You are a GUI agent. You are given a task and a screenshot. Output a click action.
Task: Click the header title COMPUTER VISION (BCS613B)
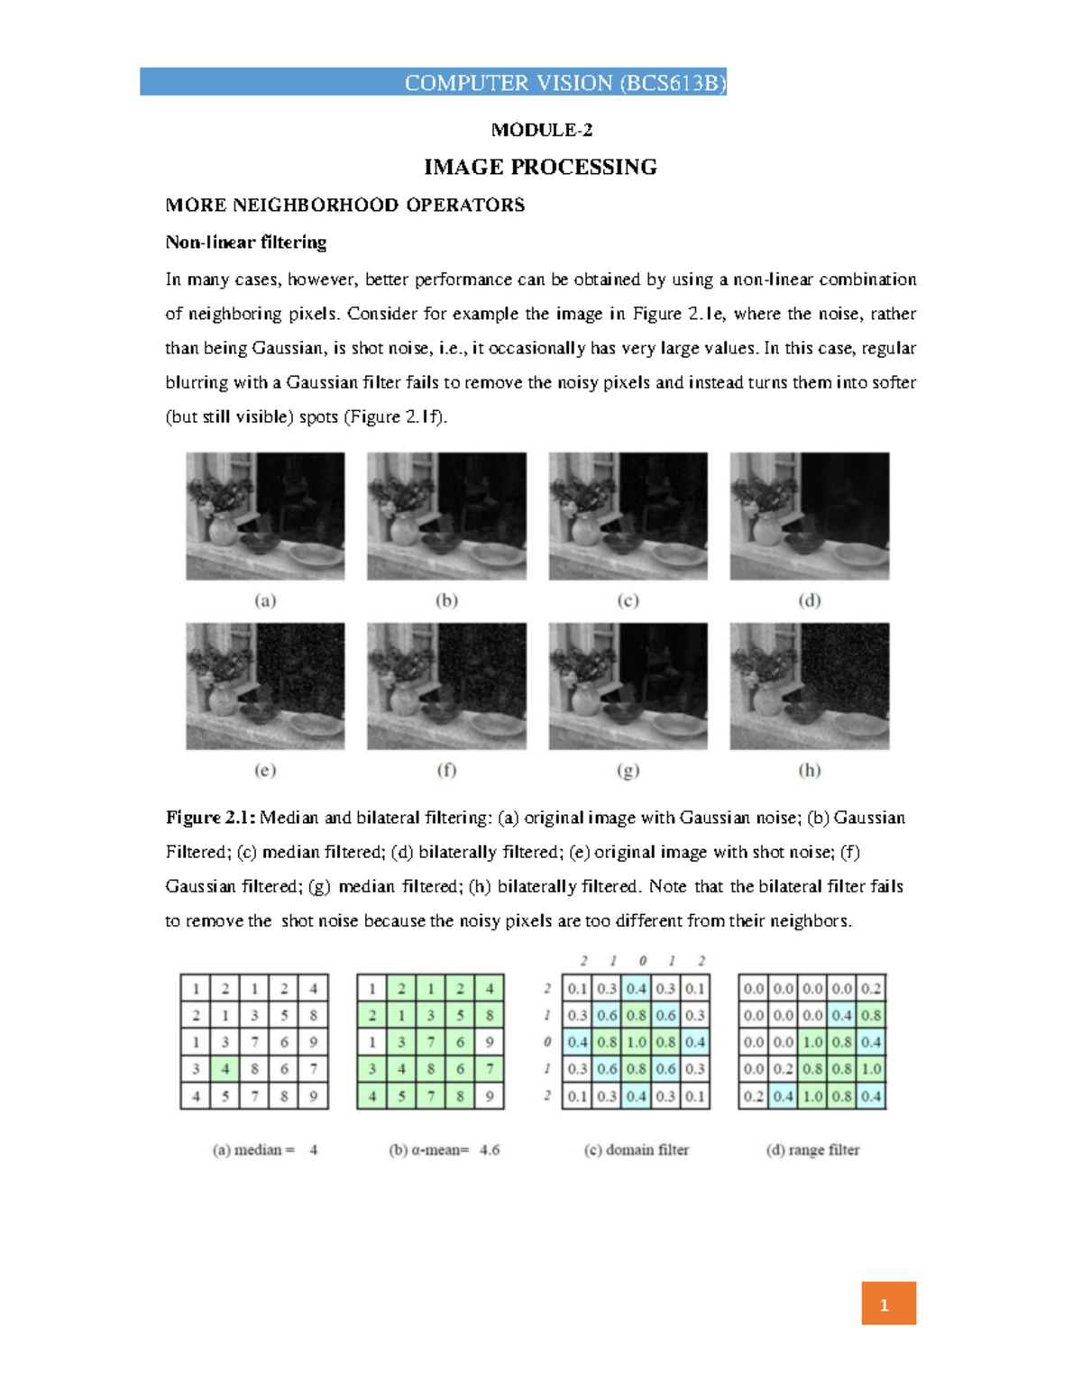tap(564, 83)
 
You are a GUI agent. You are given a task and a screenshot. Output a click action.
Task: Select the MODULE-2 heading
tap(541, 130)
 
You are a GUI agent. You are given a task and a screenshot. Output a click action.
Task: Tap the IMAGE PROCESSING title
tap(540, 167)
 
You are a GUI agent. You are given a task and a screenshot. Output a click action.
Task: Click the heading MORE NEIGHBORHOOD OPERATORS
tap(344, 205)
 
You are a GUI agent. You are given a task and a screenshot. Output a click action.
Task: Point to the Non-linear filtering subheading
tap(245, 242)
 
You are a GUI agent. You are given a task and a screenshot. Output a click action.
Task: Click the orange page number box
tap(888, 1304)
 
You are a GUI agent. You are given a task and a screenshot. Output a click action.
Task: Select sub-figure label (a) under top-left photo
tap(265, 600)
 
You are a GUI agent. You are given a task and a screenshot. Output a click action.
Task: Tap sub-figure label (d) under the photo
tap(809, 600)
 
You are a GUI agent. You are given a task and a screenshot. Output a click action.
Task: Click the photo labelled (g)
tap(628, 686)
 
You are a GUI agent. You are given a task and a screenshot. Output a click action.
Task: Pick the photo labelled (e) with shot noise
tap(265, 686)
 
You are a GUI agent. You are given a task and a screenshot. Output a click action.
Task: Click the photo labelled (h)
tap(809, 686)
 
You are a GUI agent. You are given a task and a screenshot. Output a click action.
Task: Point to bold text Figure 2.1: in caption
tap(210, 818)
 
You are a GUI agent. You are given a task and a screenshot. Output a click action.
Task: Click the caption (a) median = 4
tap(265, 1150)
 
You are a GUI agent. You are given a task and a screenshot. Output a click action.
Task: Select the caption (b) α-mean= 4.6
tap(444, 1150)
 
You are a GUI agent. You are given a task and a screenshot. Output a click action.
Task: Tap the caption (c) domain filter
tap(637, 1150)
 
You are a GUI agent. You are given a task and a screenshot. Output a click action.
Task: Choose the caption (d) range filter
tap(812, 1150)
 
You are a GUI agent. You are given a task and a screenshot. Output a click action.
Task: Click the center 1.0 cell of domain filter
tap(637, 1042)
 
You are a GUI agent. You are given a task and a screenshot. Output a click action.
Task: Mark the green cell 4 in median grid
tap(225, 1069)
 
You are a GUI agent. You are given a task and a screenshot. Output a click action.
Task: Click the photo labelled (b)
tap(446, 516)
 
